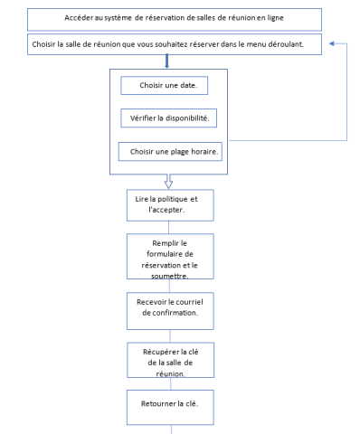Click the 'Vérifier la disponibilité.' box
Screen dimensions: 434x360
170,119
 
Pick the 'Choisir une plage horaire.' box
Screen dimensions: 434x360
170,151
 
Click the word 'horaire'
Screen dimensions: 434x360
198,151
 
